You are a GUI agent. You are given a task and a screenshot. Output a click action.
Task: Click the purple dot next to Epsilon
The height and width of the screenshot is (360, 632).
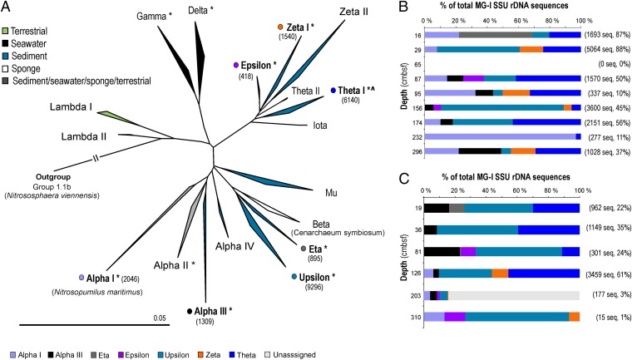point(237,65)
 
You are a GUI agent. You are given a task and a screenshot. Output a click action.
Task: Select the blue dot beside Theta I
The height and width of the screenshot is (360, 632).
point(333,90)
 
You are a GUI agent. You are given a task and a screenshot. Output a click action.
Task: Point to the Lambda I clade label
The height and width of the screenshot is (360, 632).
point(69,106)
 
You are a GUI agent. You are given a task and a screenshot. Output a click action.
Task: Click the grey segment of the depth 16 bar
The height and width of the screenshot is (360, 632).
point(495,35)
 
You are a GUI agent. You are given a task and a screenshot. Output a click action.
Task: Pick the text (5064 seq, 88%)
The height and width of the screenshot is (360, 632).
point(609,50)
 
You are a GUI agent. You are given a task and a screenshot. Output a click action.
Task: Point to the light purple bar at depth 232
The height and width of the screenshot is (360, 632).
point(498,136)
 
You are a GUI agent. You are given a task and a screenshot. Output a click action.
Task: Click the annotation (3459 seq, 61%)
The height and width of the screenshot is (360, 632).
point(607,272)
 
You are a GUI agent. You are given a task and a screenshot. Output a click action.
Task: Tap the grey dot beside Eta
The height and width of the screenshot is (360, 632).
point(304,249)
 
